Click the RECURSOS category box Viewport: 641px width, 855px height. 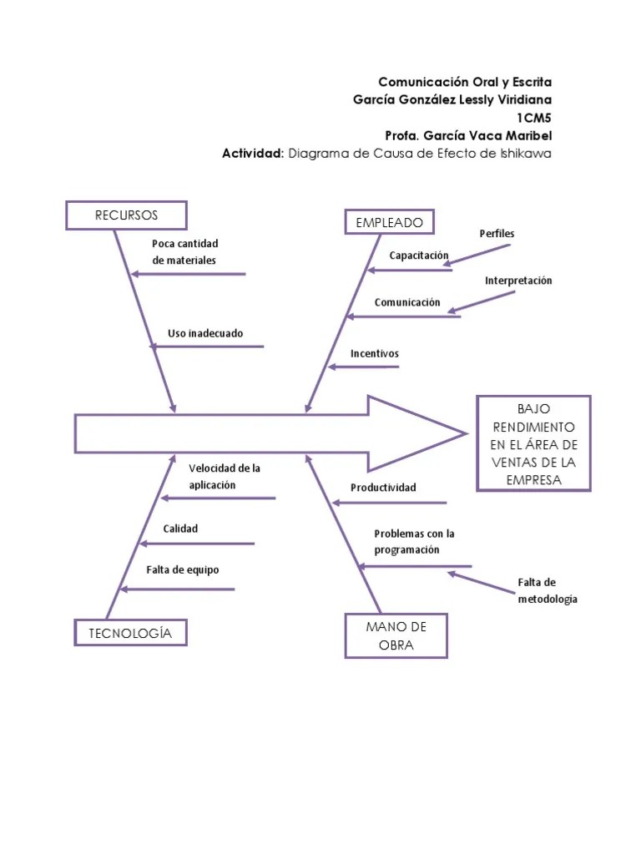[126, 215]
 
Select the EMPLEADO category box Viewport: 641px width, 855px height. [389, 222]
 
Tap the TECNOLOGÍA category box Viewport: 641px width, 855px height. [130, 633]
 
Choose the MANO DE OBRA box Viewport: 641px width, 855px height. [396, 636]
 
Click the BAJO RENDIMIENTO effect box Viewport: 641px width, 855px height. [533, 443]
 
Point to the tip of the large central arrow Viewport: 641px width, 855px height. [463, 433]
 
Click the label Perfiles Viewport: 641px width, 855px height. [497, 234]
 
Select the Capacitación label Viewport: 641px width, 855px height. [418, 255]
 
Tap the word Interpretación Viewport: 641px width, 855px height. [518, 281]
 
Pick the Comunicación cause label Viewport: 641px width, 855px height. [406, 302]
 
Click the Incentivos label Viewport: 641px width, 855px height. [374, 353]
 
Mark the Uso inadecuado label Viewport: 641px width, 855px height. [205, 333]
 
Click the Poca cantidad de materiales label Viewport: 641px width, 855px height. [184, 252]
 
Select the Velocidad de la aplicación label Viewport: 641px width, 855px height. [224, 477]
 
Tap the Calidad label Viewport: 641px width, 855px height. [180, 529]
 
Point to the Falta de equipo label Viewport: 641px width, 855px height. [182, 569]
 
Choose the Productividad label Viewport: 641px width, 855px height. [382, 488]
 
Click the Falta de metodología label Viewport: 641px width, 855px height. [547, 590]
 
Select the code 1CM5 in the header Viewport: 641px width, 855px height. [533, 118]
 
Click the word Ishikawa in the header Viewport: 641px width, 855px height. [525, 154]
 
